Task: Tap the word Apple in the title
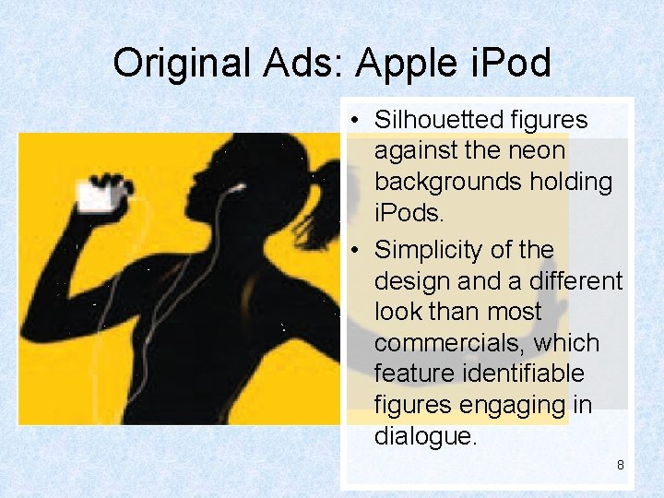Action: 406,64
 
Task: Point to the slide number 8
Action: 620,465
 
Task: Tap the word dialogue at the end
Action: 425,435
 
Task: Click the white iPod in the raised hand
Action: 95,196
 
